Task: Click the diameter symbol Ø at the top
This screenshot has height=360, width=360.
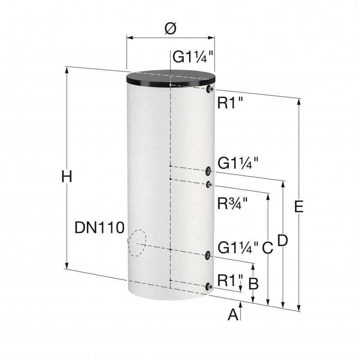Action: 170,29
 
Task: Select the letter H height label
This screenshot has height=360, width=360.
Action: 67,177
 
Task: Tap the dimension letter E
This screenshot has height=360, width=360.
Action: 299,206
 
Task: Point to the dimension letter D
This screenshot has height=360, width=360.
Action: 283,240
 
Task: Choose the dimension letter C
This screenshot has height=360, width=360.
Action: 268,248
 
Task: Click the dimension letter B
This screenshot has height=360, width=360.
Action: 254,283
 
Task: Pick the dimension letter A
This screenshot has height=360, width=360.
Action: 233,314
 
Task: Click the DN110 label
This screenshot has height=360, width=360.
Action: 99,228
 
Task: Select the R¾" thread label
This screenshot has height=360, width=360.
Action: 233,203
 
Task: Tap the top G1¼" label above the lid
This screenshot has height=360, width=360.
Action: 193,57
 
